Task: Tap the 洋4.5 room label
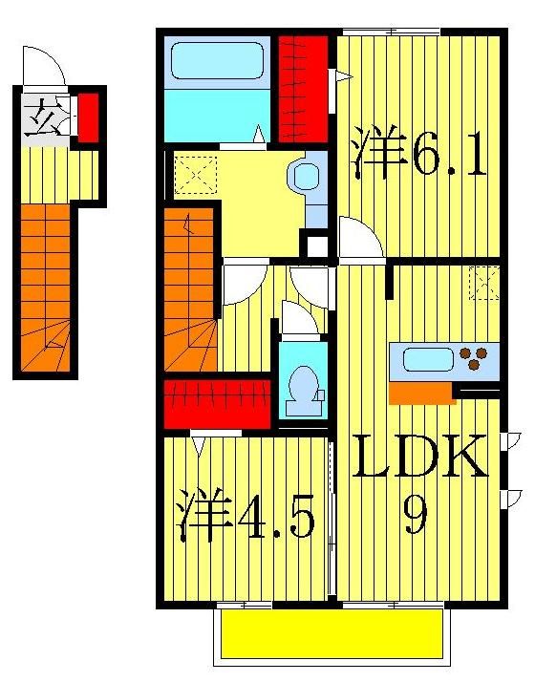coord(246,516)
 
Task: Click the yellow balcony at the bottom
coord(332,634)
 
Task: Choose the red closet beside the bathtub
coord(305,86)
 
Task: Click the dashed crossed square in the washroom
coord(196,176)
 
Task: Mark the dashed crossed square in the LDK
coord(485,285)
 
